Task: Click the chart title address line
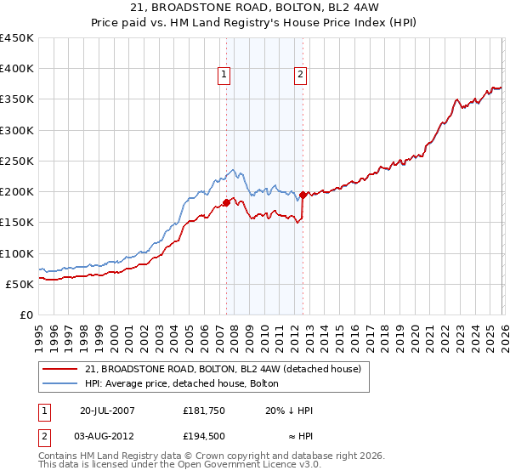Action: tap(254, 8)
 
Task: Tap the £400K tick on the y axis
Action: tap(17, 69)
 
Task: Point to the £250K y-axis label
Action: tap(17, 161)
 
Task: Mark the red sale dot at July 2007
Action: tap(226, 202)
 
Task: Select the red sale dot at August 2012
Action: tap(303, 195)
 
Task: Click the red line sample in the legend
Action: tap(60, 369)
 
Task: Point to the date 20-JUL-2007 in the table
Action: tap(107, 411)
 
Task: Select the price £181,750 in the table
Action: tap(204, 411)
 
